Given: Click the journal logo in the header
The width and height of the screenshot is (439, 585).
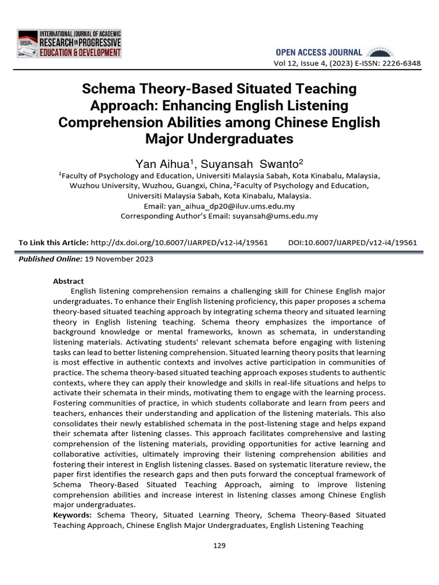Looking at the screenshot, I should pyautogui.click(x=69, y=43).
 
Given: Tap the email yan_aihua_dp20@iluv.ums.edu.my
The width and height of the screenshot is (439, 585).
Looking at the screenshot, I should pyautogui.click(x=238, y=206).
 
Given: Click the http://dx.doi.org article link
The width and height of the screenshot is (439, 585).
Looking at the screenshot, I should pyautogui.click(x=179, y=242).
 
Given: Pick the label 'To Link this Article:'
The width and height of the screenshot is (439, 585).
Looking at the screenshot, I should pyautogui.click(x=54, y=242).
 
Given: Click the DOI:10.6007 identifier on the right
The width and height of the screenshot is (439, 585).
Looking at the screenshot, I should pyautogui.click(x=353, y=242).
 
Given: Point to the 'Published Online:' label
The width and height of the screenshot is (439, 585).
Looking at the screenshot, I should pyautogui.click(x=50, y=259).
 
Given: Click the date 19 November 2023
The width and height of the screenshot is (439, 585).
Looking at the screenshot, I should pyautogui.click(x=119, y=259).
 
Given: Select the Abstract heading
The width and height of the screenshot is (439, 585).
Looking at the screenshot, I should pyautogui.click(x=68, y=281).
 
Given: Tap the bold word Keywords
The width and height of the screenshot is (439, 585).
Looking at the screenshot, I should pyautogui.click(x=73, y=515).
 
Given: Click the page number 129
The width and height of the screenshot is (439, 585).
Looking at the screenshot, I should pyautogui.click(x=219, y=546).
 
